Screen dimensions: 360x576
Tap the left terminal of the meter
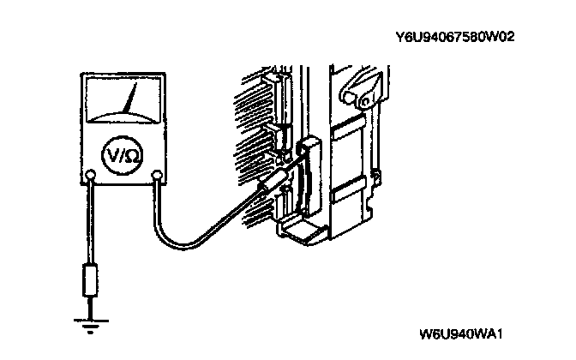pos(91,177)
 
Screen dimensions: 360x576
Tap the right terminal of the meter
pos(157,177)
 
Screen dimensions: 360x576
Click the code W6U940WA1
pos(460,333)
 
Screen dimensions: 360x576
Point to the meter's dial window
pos(124,101)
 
